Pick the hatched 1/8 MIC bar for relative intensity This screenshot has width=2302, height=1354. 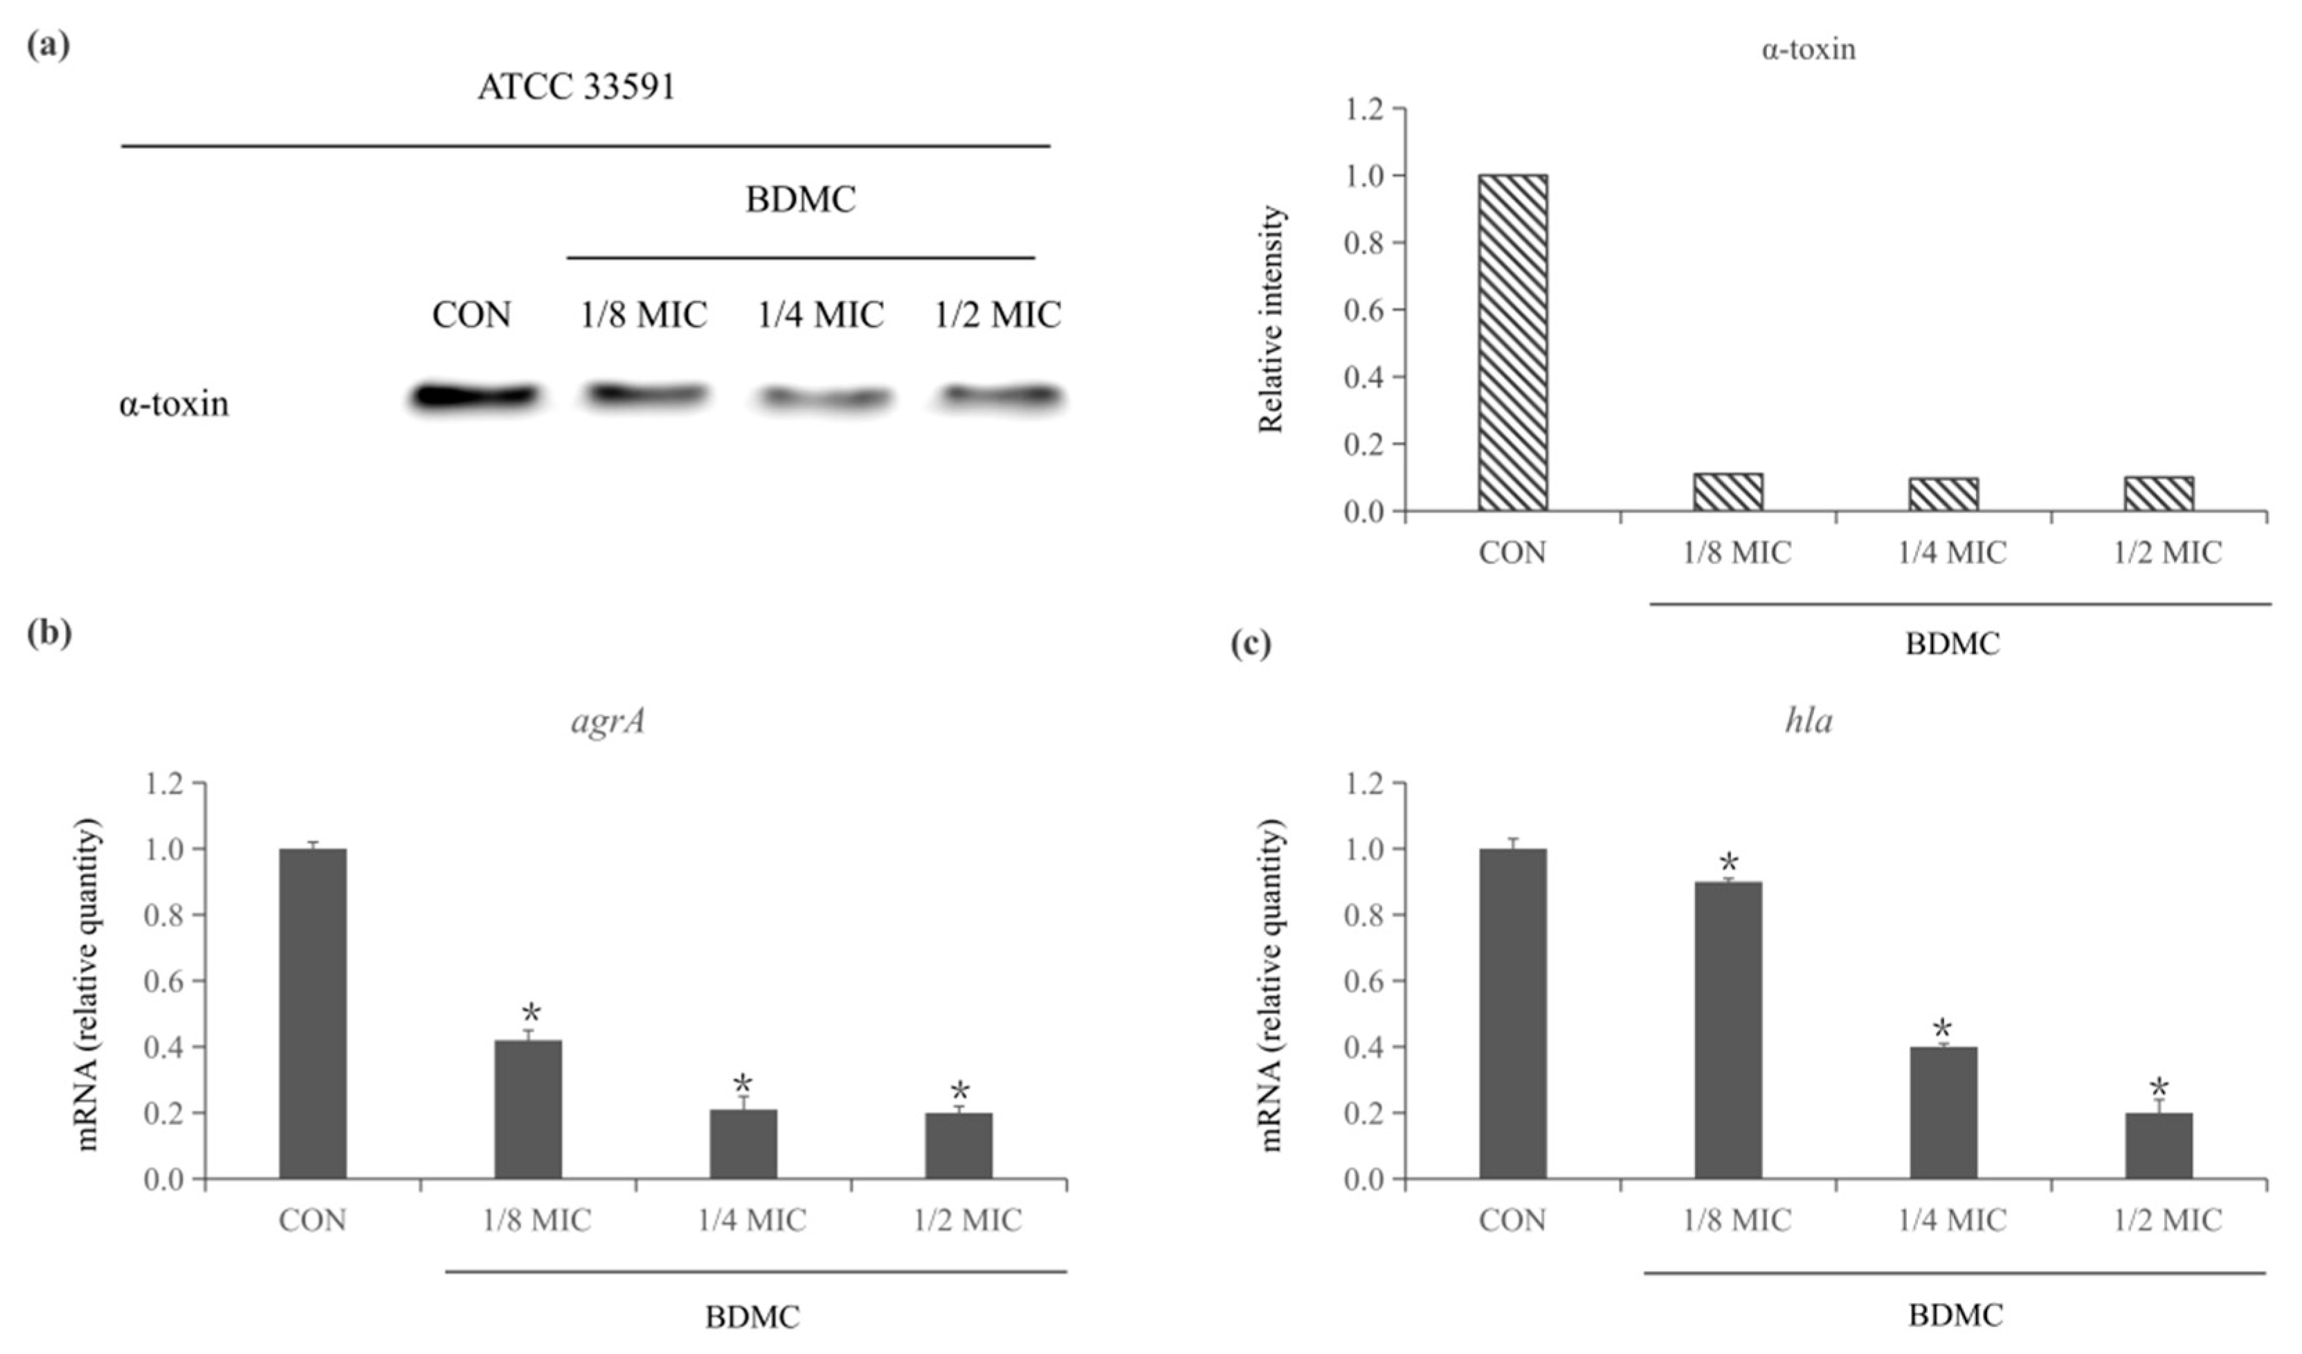click(x=1728, y=491)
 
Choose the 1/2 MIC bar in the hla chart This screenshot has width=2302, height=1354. click(x=2159, y=1146)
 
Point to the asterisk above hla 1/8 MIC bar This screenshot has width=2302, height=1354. click(x=1728, y=863)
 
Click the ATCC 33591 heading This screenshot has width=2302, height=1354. click(x=576, y=88)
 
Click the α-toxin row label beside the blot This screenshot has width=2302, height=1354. click(x=174, y=403)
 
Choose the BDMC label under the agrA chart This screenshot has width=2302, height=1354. click(x=752, y=1317)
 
